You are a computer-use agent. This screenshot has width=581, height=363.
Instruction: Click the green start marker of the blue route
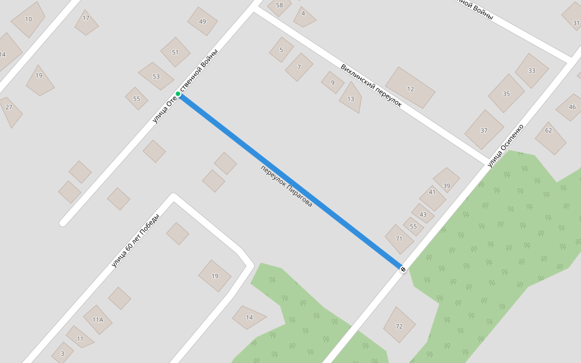(x=178, y=94)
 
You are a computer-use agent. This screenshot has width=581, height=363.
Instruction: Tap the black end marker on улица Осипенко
(x=403, y=268)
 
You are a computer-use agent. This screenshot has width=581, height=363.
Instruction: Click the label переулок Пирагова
(x=286, y=186)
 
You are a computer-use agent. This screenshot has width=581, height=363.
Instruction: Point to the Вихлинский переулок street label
(x=371, y=85)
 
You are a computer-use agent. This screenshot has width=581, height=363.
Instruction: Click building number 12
(x=410, y=88)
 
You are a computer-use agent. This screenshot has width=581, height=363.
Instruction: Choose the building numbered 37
(x=484, y=130)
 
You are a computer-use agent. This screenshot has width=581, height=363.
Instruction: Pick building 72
(x=399, y=325)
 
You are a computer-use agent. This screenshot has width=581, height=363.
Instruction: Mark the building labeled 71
(x=399, y=238)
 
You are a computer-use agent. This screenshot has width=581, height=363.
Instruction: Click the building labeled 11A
(x=97, y=319)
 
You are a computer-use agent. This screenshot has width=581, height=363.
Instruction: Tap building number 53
(x=156, y=76)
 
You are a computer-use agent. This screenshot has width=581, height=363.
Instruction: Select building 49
(x=202, y=22)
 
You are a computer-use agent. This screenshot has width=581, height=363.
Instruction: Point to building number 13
(x=351, y=99)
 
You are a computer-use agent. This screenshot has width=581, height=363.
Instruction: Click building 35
(x=506, y=93)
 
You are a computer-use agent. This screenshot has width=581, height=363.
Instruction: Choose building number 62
(x=549, y=131)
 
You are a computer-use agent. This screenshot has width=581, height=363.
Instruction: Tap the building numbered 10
(x=28, y=19)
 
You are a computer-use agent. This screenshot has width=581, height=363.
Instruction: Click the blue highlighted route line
(x=290, y=181)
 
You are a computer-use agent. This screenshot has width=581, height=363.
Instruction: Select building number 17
(x=86, y=19)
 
